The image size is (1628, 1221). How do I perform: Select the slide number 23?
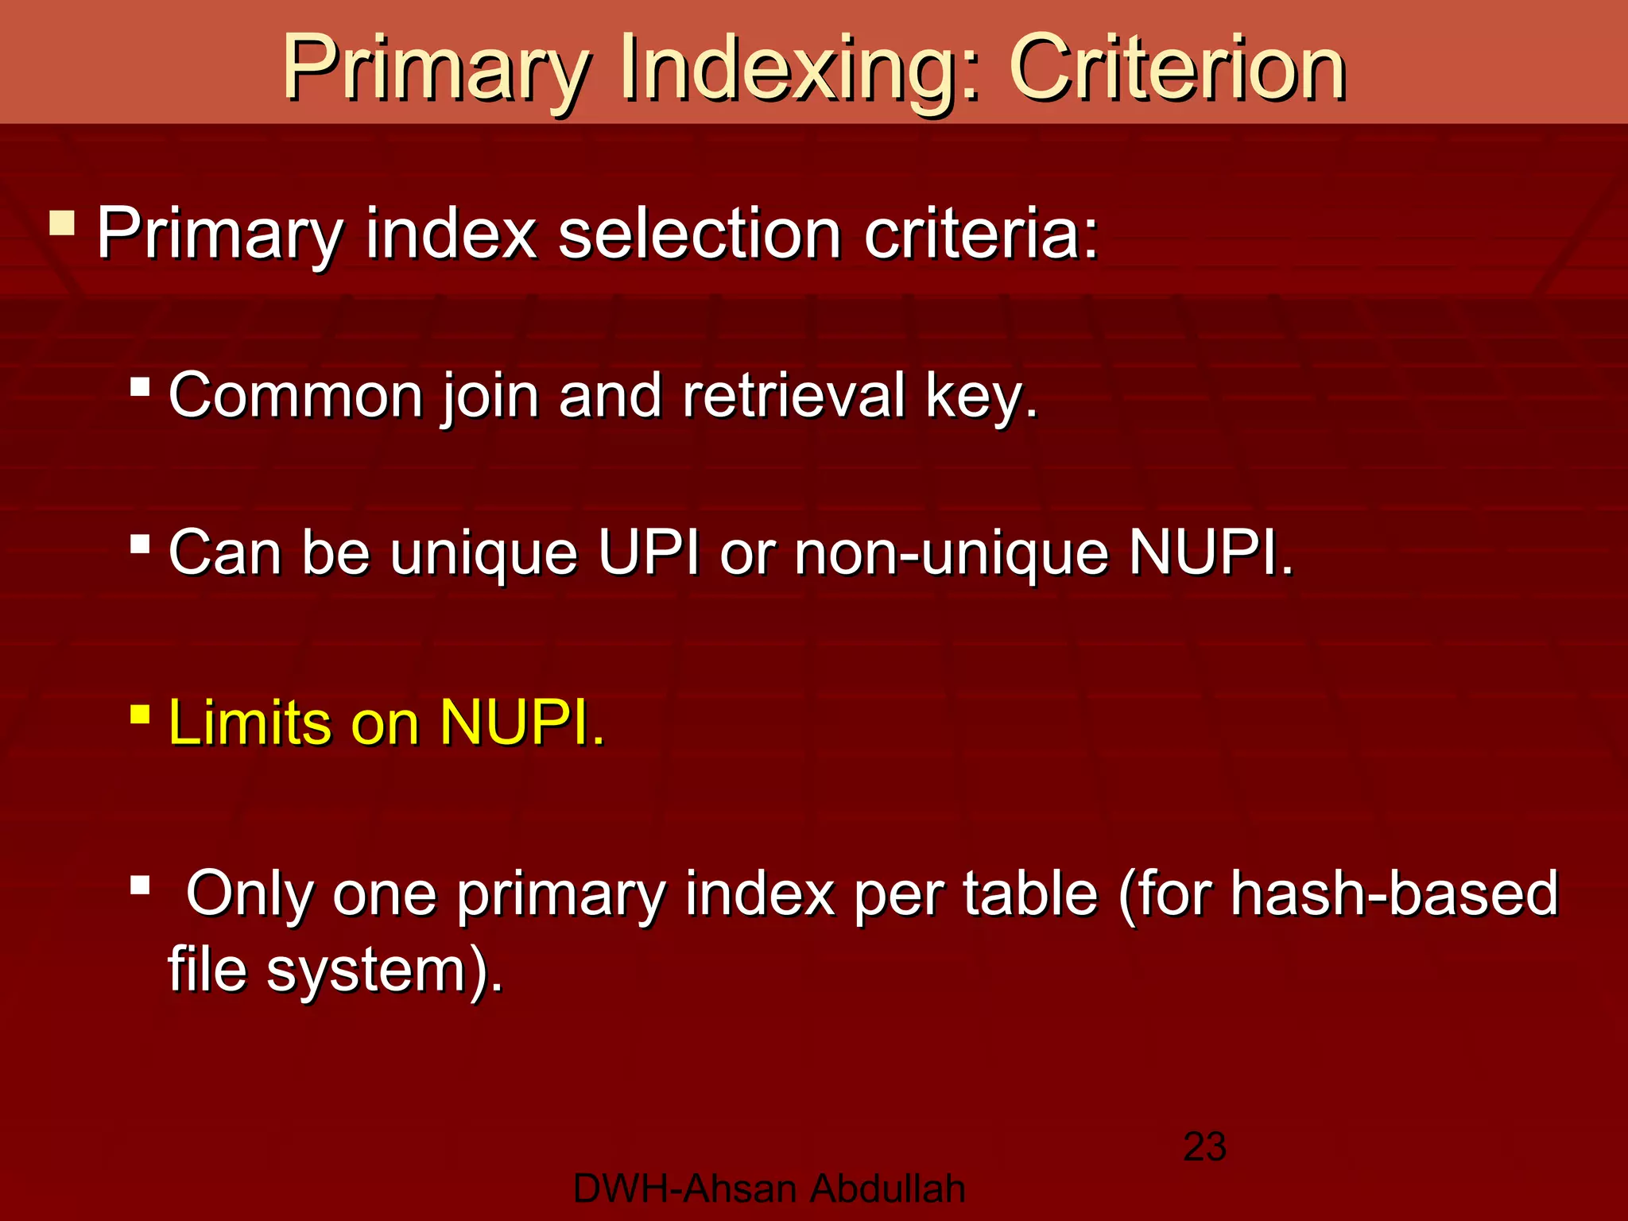pyautogui.click(x=1204, y=1147)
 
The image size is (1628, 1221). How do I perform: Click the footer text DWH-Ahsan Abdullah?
pyautogui.click(x=769, y=1189)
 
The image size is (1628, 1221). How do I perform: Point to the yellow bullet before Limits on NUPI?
pyautogui.click(x=140, y=713)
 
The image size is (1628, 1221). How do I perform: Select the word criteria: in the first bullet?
pyautogui.click(x=982, y=234)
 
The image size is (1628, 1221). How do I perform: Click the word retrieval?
pyautogui.click(x=793, y=395)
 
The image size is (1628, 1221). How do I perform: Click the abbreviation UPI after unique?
pyautogui.click(x=649, y=552)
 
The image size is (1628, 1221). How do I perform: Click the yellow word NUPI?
pyautogui.click(x=521, y=723)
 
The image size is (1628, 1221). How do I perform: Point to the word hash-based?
pyautogui.click(x=1394, y=893)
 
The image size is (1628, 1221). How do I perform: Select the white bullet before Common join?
pyautogui.click(x=140, y=387)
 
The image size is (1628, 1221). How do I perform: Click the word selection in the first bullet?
pyautogui.click(x=700, y=234)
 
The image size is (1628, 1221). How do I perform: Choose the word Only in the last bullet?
pyautogui.click(x=250, y=893)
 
